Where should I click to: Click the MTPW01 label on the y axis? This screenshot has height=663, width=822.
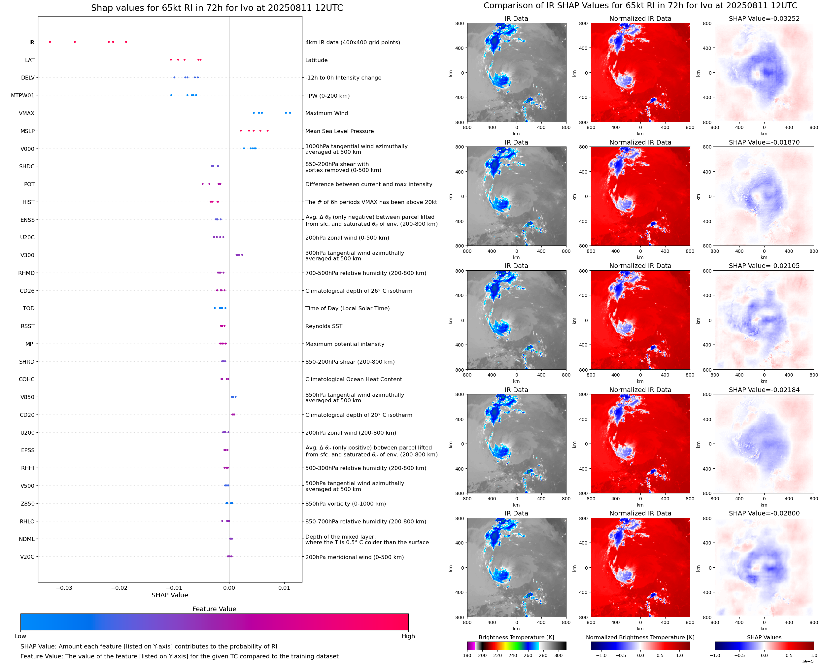(22, 95)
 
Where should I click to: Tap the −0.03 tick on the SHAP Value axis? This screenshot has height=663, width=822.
(64, 588)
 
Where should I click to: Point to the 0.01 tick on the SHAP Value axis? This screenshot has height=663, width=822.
(284, 588)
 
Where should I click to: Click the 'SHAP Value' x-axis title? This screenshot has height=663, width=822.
(170, 595)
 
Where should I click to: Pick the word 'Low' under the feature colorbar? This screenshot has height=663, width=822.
(20, 636)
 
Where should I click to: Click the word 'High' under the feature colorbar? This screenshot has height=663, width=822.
(408, 636)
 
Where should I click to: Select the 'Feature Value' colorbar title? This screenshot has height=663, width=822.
(214, 609)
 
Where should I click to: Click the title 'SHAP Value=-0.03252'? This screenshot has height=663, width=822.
(764, 18)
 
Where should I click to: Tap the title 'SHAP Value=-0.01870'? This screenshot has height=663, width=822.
(764, 142)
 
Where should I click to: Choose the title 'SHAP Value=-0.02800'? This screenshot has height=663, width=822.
(764, 513)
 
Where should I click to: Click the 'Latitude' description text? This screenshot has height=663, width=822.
(316, 60)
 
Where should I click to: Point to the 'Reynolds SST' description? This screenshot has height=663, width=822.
(324, 326)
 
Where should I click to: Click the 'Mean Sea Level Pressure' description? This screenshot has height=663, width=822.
(339, 131)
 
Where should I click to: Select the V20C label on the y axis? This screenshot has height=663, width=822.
(27, 557)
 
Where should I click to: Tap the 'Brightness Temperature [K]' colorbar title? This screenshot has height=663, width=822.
(516, 637)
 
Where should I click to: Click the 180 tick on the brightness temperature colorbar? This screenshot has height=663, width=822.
(467, 655)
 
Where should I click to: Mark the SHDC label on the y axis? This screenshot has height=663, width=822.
(27, 167)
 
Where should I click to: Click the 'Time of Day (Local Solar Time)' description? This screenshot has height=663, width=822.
(347, 308)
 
